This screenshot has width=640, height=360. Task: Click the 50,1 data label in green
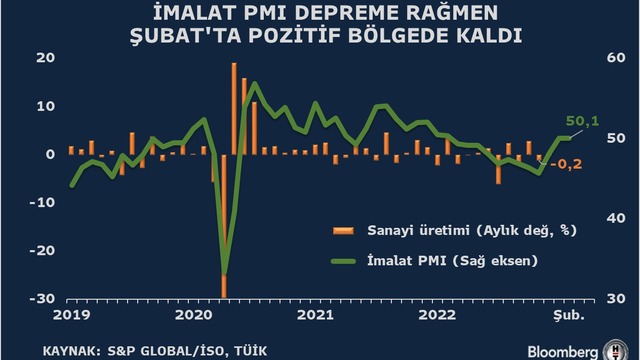[x=582, y=121]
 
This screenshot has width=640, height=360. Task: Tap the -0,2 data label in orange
[x=566, y=164]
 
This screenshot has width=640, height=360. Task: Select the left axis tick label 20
[x=46, y=58]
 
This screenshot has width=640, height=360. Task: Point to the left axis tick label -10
[x=42, y=202]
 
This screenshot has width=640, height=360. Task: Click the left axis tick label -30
[x=42, y=299]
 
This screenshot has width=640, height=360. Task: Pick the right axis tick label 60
[x=616, y=58]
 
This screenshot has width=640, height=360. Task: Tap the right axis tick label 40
[x=616, y=218]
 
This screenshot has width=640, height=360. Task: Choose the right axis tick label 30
[x=616, y=299]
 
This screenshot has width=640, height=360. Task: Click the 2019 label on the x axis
[x=72, y=315]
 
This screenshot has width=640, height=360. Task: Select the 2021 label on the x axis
[x=315, y=315]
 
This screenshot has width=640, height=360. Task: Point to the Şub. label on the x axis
[x=569, y=315]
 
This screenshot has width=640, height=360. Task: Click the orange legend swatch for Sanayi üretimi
[x=343, y=231]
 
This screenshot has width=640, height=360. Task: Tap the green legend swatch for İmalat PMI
[x=343, y=261]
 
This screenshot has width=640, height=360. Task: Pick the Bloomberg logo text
[x=562, y=352]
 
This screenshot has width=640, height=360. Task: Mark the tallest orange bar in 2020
[x=234, y=109]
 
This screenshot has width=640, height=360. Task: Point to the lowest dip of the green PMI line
[x=224, y=273]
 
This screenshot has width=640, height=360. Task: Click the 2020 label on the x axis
[x=193, y=315]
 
